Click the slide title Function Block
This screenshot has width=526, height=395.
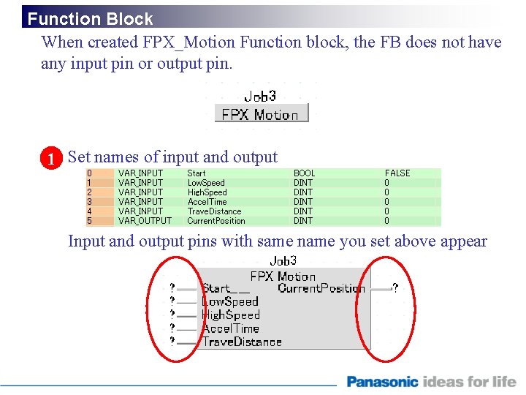pos(90,19)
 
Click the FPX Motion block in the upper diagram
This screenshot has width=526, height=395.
pos(261,114)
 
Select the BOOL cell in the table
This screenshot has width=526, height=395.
pos(304,173)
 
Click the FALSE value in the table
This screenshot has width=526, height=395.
pos(397,173)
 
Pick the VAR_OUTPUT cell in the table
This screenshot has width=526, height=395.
pos(145,221)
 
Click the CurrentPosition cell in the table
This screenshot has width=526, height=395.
pos(216,221)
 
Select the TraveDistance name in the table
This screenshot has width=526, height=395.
pos(214,211)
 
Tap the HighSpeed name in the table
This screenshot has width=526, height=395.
pos(207,192)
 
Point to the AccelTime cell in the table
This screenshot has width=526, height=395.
pos(207,202)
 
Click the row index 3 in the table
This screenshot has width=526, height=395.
pos(89,202)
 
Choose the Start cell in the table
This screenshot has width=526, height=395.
pos(196,173)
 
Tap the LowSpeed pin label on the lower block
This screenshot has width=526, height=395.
pos(230,302)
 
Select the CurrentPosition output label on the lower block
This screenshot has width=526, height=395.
pos(321,289)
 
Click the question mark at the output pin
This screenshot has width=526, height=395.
pos(395,289)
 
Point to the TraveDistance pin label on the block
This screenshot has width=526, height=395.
pos(242,342)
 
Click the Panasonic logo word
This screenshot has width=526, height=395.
pos(382,382)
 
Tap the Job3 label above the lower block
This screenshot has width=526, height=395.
pos(283,261)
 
